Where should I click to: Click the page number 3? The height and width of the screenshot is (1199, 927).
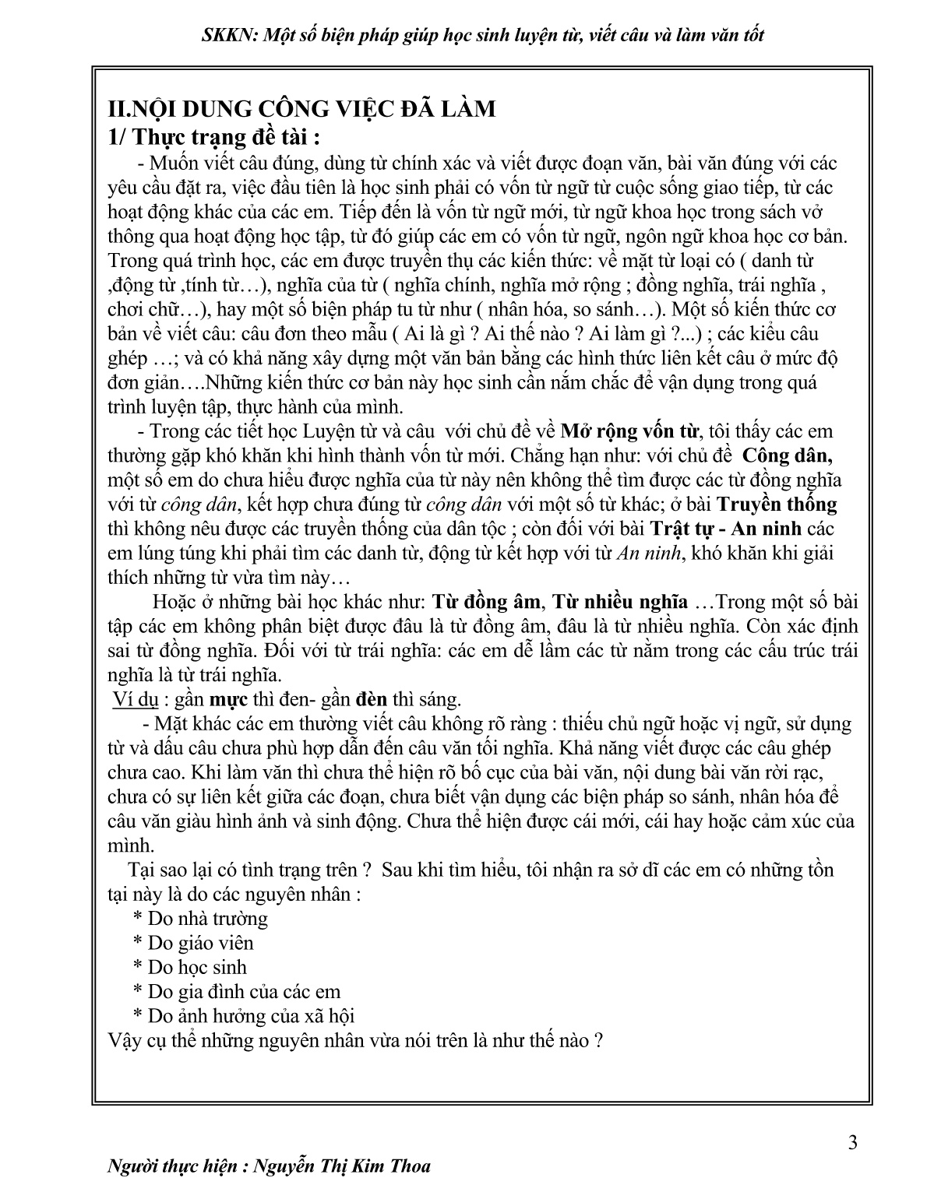pyautogui.click(x=852, y=1143)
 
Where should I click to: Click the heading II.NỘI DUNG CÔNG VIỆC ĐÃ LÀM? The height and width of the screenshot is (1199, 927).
pyautogui.click(x=302, y=108)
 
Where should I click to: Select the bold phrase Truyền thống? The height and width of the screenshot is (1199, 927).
pyautogui.click(x=776, y=504)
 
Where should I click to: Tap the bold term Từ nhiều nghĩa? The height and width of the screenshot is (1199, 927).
pyautogui.click(x=620, y=601)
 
